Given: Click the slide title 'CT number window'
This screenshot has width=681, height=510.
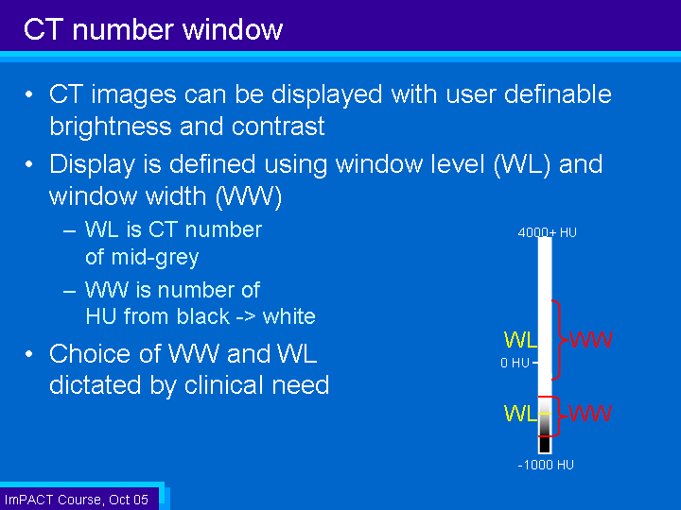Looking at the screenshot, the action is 153,29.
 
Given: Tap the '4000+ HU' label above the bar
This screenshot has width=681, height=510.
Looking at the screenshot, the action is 548,232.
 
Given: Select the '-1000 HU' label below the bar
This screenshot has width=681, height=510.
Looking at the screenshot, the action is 546,465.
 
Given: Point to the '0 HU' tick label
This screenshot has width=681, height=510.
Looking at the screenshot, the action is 515,363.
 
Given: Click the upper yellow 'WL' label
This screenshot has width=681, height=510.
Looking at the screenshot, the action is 520,340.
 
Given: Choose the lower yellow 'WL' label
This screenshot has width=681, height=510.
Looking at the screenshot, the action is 520,414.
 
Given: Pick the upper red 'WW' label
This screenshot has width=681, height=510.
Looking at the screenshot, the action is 590,340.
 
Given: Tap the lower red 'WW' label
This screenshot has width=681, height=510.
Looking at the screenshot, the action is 590,414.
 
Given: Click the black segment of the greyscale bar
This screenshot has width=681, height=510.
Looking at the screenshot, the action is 545,444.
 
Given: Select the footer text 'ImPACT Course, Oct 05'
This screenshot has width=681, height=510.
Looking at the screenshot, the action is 77,500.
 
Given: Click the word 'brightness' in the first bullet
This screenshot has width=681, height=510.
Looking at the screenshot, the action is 111,127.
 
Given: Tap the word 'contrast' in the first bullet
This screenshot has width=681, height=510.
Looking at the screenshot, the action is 278,127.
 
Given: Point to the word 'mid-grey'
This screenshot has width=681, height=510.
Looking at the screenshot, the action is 155,258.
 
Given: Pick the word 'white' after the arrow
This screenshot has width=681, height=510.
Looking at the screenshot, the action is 288,316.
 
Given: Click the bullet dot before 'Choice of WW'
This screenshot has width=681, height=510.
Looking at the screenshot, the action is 29,354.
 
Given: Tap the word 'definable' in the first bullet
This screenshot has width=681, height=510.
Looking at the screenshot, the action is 558,94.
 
